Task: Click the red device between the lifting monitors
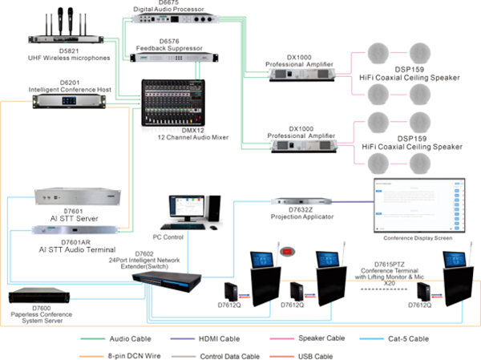[x=283, y=256]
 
